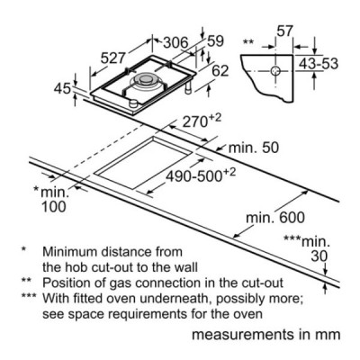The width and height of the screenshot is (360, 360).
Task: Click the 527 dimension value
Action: pyautogui.click(x=112, y=58)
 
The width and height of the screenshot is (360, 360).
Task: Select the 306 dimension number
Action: pyautogui.click(x=175, y=43)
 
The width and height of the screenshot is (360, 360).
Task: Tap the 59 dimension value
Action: pyautogui.click(x=216, y=41)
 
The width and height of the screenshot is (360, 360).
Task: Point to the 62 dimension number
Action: pyautogui.click(x=220, y=71)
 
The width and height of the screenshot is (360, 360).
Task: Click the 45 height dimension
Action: pyautogui.click(x=62, y=89)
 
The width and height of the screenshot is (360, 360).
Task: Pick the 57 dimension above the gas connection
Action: pyautogui.click(x=284, y=31)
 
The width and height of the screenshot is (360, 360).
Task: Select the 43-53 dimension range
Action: pyautogui.click(x=319, y=64)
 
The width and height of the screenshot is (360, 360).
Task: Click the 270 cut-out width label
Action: pyautogui.click(x=200, y=122)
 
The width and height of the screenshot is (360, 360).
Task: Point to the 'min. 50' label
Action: pyautogui.click(x=254, y=148)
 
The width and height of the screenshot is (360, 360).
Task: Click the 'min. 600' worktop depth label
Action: pyautogui.click(x=275, y=218)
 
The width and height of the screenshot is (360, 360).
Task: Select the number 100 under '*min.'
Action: pyautogui.click(x=53, y=207)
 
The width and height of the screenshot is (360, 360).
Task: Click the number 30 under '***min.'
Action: pyautogui.click(x=319, y=256)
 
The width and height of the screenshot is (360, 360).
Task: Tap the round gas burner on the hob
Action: pyautogui.click(x=145, y=80)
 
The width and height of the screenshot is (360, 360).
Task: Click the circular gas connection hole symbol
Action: pyautogui.click(x=275, y=71)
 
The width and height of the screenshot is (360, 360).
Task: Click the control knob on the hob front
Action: pyautogui.click(x=133, y=103)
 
